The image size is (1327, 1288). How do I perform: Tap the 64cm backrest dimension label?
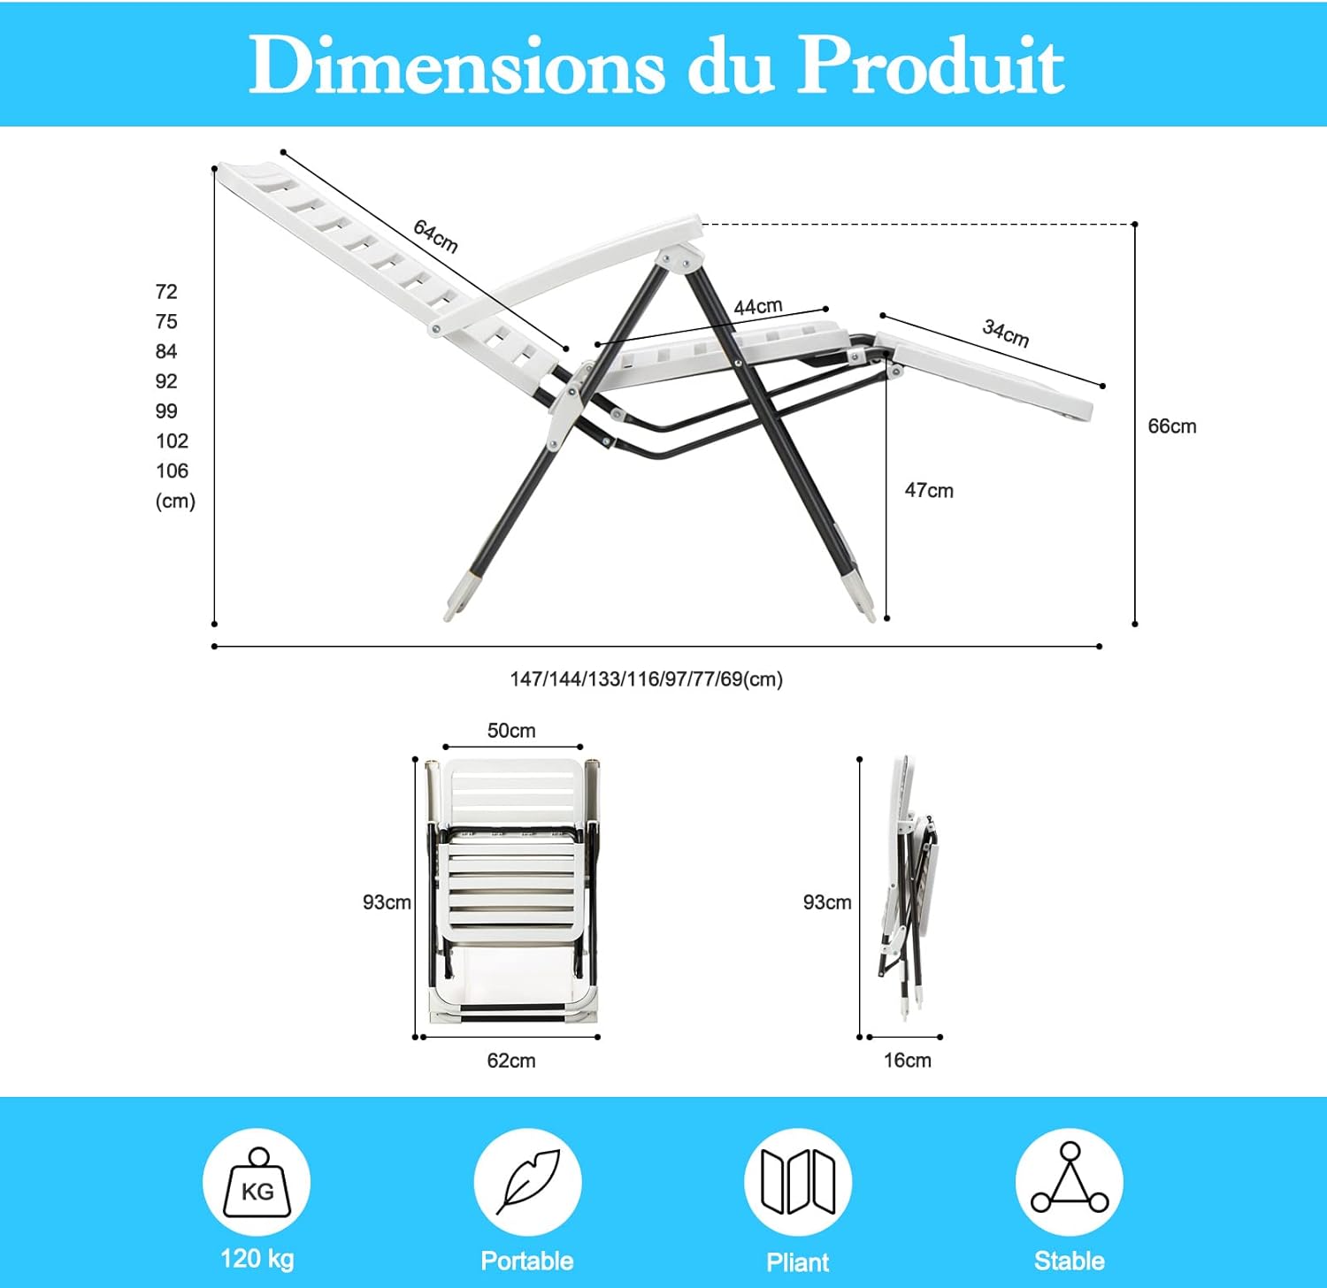click(436, 236)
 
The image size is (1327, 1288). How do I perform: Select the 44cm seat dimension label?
click(758, 307)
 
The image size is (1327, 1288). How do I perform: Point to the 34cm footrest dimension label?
click(1006, 333)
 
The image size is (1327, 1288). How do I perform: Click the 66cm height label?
click(1172, 426)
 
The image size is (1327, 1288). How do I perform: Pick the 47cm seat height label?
click(929, 490)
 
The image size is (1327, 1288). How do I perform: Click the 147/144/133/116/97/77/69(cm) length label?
click(647, 679)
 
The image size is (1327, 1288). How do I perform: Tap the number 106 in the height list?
click(173, 471)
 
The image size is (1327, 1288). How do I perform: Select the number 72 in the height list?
click(166, 292)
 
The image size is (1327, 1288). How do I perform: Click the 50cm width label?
click(511, 731)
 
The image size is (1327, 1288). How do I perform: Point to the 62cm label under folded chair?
click(511, 1060)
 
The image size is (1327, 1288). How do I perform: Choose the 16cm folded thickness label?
click(908, 1060)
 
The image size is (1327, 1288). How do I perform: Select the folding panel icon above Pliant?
click(798, 1182)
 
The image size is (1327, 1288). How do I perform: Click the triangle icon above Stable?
click(1070, 1182)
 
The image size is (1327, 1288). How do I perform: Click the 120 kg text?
click(257, 1259)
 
